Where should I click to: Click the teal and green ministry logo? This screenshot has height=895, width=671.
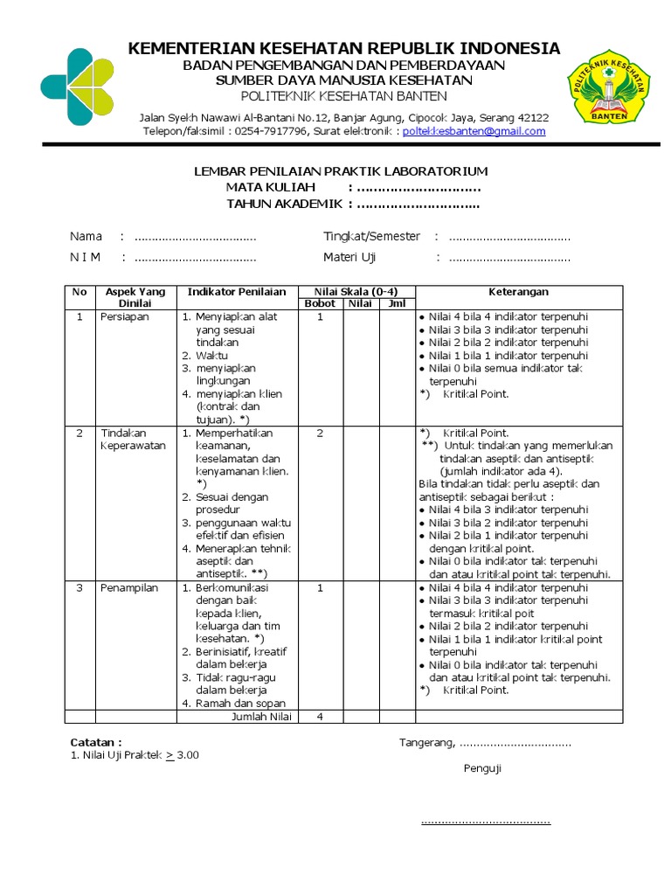point(77,87)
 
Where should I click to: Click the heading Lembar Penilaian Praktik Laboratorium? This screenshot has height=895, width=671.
point(341,171)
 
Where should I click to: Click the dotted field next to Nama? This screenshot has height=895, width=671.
point(196,237)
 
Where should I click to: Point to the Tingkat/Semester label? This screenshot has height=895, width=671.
point(371,237)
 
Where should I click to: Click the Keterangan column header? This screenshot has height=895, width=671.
point(519,292)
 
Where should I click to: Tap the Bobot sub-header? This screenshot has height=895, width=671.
point(320,304)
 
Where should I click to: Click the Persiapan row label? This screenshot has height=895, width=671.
point(125,317)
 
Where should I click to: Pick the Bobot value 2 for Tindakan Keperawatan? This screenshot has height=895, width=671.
point(320,433)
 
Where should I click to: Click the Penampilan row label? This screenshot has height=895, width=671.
point(129,588)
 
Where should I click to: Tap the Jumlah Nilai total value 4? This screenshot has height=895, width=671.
point(320,717)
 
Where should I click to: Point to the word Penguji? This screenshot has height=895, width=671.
point(482,769)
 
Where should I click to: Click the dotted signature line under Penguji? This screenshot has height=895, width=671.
point(486,822)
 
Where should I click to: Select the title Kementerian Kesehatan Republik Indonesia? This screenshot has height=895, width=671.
point(344,48)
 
